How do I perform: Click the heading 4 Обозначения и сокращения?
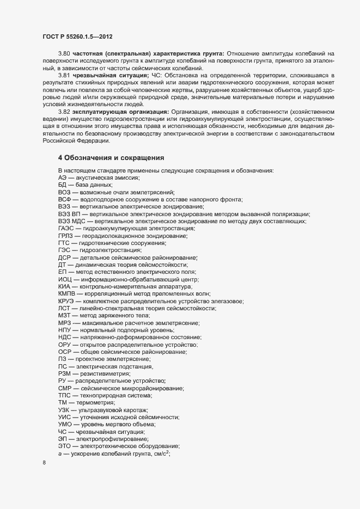(x=111, y=158)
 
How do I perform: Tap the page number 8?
(x=44, y=463)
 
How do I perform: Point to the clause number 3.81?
(x=65, y=75)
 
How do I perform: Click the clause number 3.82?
(x=65, y=111)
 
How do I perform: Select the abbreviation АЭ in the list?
(x=63, y=178)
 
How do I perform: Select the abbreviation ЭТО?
(x=65, y=446)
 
